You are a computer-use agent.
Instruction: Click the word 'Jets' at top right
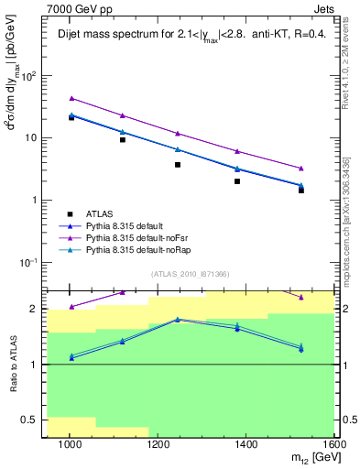(323, 7)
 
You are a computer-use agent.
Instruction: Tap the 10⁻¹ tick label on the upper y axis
(29, 262)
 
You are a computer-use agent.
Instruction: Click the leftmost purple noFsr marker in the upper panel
(71, 98)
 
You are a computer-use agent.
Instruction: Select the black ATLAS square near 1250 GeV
(178, 165)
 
